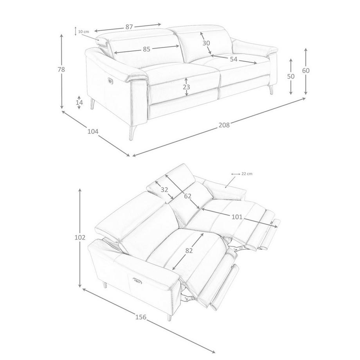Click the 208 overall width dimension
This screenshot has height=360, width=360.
tap(224, 125)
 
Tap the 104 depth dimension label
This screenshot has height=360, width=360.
tap(93, 131)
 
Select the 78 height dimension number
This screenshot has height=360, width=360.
tap(61, 69)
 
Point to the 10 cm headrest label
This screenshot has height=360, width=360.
tap(83, 32)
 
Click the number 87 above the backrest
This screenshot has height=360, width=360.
tap(129, 27)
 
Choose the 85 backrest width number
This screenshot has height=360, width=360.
tap(146, 49)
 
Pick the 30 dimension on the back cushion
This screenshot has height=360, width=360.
tap(206, 43)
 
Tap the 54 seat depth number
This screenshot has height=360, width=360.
tap(234, 59)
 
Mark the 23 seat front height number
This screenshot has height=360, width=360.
tap(186, 87)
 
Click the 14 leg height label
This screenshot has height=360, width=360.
tap(79, 103)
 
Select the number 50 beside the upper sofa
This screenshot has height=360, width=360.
tap(291, 76)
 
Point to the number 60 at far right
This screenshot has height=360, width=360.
tap(306, 71)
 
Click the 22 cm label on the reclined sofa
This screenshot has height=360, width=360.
tap(247, 174)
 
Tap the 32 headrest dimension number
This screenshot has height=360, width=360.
tap(164, 190)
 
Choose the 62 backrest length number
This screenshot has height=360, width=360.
tap(187, 196)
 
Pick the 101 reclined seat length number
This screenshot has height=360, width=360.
tap(237, 217)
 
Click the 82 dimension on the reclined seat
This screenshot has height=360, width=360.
tap(189, 251)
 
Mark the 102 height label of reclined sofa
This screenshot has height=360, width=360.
tap(80, 238)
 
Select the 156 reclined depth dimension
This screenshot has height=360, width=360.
tap(141, 317)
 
